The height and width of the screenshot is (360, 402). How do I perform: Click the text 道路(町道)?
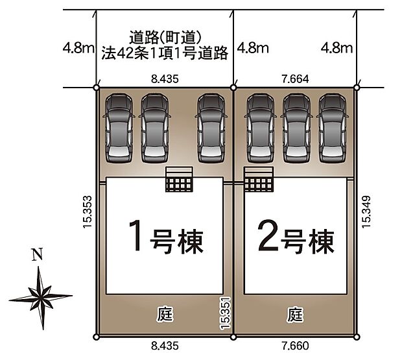[165, 38]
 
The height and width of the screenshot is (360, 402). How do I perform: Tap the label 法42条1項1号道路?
[165, 54]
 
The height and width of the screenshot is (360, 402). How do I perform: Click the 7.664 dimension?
[295, 79]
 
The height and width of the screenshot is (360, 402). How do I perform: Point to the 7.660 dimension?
[295, 346]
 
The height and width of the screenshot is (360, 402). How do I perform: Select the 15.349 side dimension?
[366, 211]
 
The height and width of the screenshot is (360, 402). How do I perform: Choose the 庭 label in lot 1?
[165, 315]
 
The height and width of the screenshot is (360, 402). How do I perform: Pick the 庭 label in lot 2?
[295, 315]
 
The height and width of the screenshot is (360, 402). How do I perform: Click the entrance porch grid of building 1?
[180, 180]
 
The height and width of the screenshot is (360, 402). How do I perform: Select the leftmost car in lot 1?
[118, 126]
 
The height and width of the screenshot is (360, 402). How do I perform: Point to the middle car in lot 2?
[295, 126]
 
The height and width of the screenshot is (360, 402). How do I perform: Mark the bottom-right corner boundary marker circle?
[357, 336]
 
